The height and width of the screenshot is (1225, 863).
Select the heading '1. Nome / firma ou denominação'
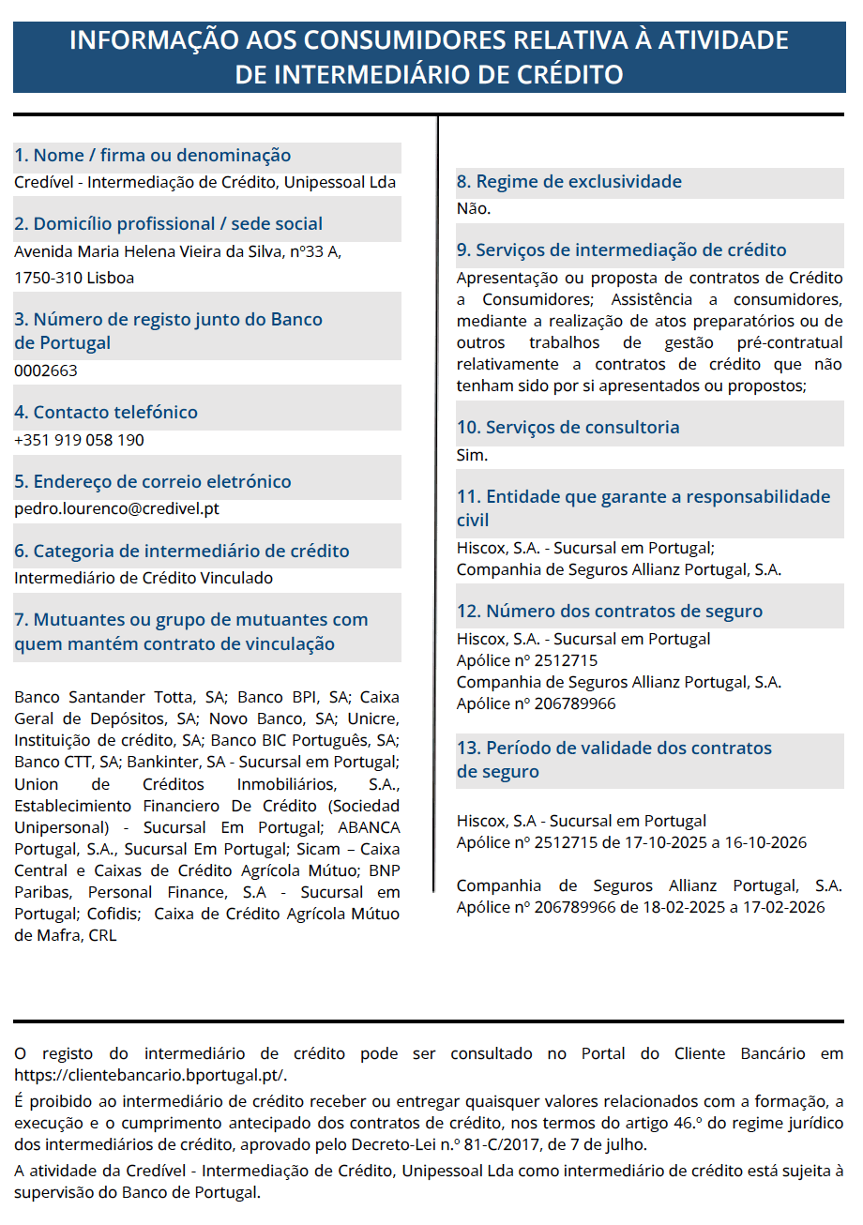(x=153, y=156)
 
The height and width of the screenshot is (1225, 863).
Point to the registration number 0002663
(x=46, y=371)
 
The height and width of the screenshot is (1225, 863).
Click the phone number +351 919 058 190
(x=79, y=440)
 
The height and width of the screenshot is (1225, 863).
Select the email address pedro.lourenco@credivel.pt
(x=116, y=509)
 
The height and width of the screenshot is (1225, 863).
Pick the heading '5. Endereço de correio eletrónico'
(x=153, y=482)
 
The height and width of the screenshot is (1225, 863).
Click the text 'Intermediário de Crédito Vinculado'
(x=144, y=578)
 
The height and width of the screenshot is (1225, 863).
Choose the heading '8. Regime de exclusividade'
(x=568, y=182)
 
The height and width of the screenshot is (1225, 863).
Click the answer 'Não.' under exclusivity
(x=474, y=209)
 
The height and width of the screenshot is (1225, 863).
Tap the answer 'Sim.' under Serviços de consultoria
(x=472, y=456)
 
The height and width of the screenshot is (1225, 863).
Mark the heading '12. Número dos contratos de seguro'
(x=609, y=612)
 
